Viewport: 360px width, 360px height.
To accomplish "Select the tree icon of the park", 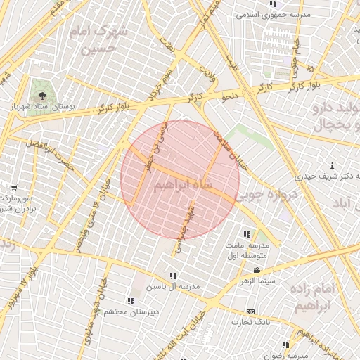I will (x=44, y=92).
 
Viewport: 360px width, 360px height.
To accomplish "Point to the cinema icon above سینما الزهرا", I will (x=258, y=270).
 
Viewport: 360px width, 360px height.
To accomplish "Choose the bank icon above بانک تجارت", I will (x=250, y=311).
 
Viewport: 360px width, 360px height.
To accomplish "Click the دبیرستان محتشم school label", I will (x=121, y=310).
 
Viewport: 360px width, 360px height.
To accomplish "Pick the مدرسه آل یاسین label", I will (x=173, y=286).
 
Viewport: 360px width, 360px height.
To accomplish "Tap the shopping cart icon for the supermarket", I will (x=13, y=188).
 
